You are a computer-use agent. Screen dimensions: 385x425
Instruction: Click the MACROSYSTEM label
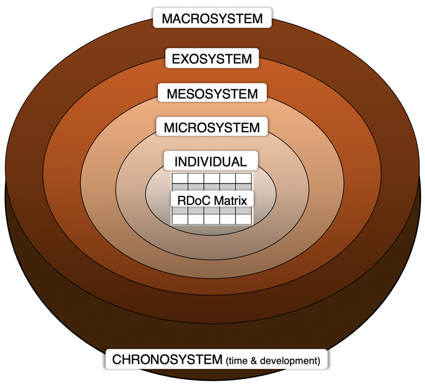click(212, 18)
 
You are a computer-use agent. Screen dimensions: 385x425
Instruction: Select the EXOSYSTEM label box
click(212, 58)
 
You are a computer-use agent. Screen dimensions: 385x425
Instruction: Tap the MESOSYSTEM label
click(212, 94)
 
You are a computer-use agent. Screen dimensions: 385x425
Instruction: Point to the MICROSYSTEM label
click(212, 128)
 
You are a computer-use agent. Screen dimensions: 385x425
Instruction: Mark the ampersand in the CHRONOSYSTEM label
click(257, 361)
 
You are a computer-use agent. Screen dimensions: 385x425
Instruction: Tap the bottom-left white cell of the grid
click(180, 219)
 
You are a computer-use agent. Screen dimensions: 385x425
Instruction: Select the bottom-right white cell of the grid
click(244, 219)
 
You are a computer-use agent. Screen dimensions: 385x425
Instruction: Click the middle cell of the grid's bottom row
click(212, 219)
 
